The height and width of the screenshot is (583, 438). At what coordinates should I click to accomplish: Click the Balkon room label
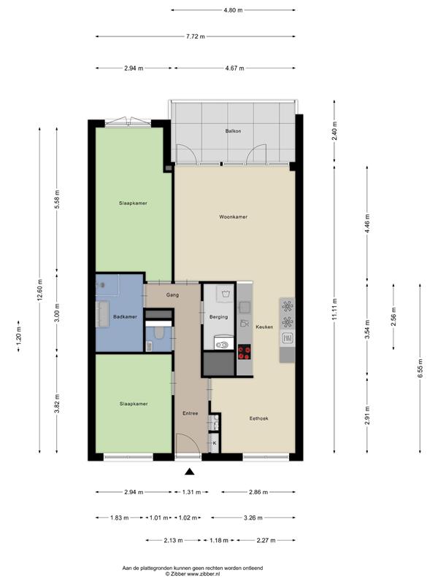click(x=233, y=131)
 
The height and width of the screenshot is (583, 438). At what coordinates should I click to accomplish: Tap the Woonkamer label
click(x=233, y=216)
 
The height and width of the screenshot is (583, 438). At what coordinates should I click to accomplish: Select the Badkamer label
click(x=125, y=317)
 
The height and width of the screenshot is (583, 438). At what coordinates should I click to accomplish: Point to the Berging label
click(x=218, y=317)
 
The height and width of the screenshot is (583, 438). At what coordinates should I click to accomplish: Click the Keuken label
click(x=264, y=326)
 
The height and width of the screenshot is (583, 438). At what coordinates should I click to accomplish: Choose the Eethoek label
click(x=259, y=418)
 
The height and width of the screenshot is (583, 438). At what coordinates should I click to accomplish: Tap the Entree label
click(x=190, y=413)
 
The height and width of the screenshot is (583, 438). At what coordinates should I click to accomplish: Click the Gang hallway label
click(x=172, y=295)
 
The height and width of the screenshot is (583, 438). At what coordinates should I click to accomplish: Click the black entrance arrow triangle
click(x=190, y=472)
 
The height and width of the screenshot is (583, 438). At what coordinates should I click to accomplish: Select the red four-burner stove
click(x=244, y=352)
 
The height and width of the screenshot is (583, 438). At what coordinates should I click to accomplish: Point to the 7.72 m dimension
click(x=196, y=36)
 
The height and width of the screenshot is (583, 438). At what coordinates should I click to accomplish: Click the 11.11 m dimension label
click(x=334, y=309)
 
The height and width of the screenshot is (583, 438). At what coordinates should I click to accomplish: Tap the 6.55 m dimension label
click(x=420, y=369)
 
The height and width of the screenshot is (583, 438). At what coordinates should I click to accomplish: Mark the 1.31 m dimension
click(x=191, y=493)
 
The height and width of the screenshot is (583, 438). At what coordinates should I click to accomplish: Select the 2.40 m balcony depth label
click(x=334, y=131)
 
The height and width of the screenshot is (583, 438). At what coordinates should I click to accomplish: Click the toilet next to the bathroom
click(x=159, y=332)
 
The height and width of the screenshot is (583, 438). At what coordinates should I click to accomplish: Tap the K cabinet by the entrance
click(x=214, y=443)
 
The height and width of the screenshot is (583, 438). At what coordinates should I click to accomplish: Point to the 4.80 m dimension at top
click(x=233, y=10)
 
